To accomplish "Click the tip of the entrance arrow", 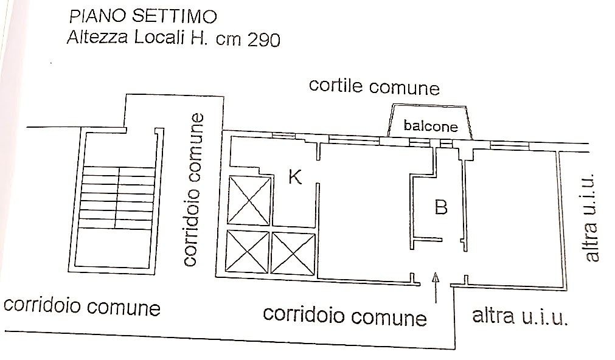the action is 436,272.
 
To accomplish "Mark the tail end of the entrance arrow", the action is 436,303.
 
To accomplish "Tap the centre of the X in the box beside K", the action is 249,201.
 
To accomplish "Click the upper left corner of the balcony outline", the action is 394,105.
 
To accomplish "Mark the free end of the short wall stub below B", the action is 442,239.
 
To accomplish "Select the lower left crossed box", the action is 247,252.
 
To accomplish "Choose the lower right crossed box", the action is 293,254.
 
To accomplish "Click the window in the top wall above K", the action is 283,135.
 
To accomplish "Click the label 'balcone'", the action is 431,125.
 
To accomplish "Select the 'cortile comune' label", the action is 374,87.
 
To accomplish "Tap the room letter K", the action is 295,176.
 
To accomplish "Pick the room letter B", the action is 441,207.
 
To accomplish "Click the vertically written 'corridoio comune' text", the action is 194,189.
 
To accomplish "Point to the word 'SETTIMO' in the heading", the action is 174,16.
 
